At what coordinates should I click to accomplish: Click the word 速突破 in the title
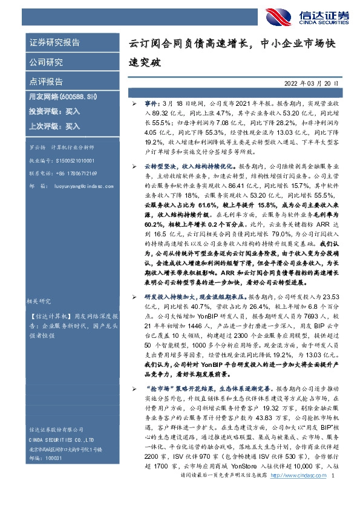145,62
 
